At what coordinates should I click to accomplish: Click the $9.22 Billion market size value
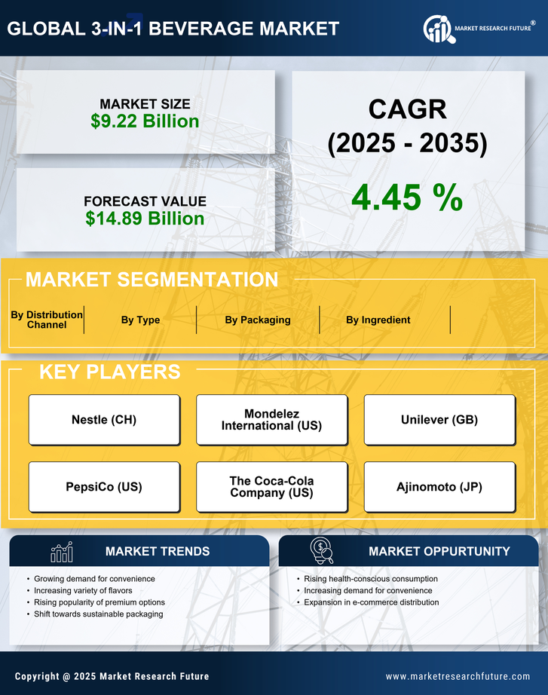[x=145, y=121]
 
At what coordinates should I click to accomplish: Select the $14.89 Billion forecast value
[x=145, y=219]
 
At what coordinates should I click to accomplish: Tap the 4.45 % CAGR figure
[x=407, y=197]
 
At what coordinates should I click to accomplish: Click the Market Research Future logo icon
[x=436, y=29]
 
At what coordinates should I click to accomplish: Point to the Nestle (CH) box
[x=104, y=420]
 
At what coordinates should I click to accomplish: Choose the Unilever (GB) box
[x=439, y=420]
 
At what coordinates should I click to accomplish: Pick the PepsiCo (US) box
[x=104, y=487]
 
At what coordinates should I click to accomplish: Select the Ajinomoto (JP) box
[x=439, y=487]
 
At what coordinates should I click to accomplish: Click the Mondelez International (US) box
[x=271, y=420]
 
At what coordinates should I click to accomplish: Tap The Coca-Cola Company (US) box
[x=271, y=487]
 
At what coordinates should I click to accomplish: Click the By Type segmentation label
[x=140, y=320]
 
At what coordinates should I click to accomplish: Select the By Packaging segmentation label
[x=258, y=320]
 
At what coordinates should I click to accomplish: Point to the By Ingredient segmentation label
[x=378, y=320]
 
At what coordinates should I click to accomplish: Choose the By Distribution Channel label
[x=47, y=320]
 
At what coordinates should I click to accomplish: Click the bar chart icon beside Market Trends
[x=62, y=553]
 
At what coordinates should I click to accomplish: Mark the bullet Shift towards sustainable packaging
[x=98, y=614]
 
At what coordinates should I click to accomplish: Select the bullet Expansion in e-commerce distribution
[x=371, y=602]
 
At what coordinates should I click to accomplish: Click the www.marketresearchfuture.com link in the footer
[x=458, y=676]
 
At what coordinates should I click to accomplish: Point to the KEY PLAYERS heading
[x=109, y=372]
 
